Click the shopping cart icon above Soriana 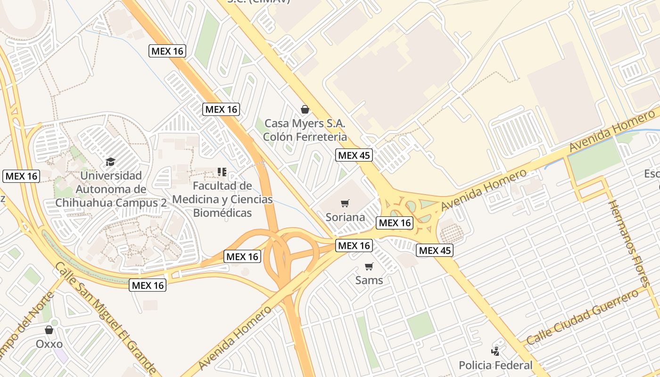(x=345, y=204)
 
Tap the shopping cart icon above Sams (x=369, y=267)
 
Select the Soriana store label (x=345, y=217)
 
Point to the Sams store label (x=369, y=280)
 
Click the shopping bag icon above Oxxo (x=49, y=330)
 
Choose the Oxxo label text (x=49, y=344)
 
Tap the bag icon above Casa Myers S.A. (x=305, y=110)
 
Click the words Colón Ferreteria (x=305, y=137)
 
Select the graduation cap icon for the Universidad (x=110, y=162)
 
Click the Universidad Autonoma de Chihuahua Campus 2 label (x=111, y=189)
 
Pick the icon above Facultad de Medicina (x=222, y=172)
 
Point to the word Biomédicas (x=223, y=213)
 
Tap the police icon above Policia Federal (x=495, y=351)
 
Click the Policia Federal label (x=495, y=365)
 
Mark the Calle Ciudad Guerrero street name (x=582, y=318)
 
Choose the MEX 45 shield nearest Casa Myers (x=354, y=155)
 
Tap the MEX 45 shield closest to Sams (x=435, y=251)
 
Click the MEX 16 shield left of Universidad (x=21, y=176)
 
